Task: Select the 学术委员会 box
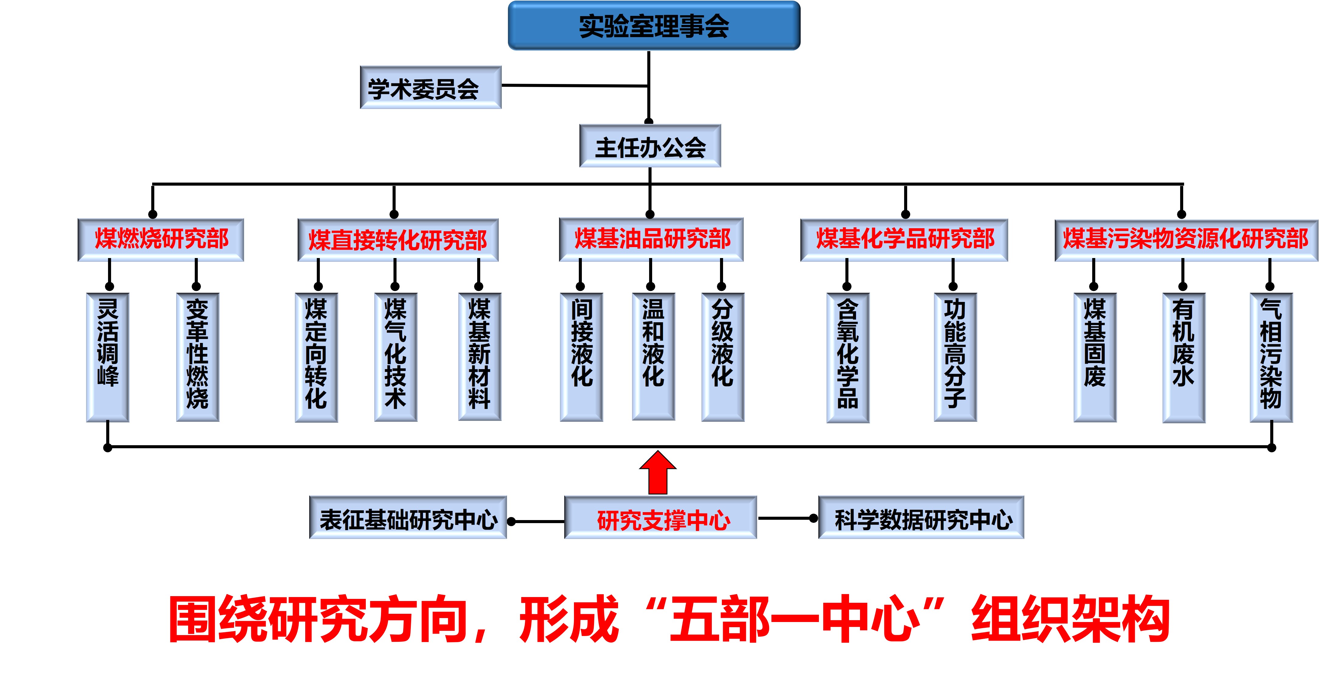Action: pos(430,87)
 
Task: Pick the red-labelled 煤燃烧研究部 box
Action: pos(161,240)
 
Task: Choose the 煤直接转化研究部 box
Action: pos(398,240)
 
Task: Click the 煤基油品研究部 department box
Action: pos(651,239)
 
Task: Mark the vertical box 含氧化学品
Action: pos(848,357)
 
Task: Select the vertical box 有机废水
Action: pos(1183,357)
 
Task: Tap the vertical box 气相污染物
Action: pos(1271,357)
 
